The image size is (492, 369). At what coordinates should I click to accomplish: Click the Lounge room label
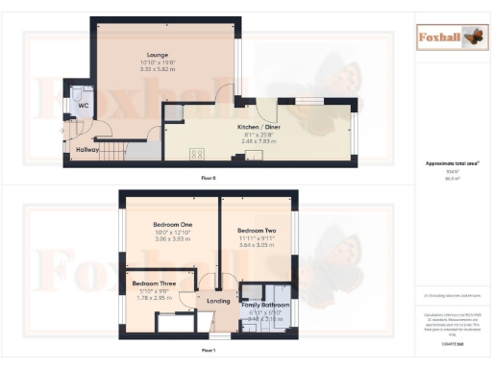159,55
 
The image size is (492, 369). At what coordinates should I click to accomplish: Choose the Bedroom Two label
258,231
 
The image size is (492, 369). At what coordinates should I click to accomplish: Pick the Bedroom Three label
155,284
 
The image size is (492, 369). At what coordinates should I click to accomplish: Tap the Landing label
220,301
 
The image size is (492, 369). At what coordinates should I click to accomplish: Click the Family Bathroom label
264,305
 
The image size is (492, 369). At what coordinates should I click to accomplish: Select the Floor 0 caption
208,179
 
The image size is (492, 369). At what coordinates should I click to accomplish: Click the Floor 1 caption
208,352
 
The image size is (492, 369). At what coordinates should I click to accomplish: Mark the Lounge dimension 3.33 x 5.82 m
159,70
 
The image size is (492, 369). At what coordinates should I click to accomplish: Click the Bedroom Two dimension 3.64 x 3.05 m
258,246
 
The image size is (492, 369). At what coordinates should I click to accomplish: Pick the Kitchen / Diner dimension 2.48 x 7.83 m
259,140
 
